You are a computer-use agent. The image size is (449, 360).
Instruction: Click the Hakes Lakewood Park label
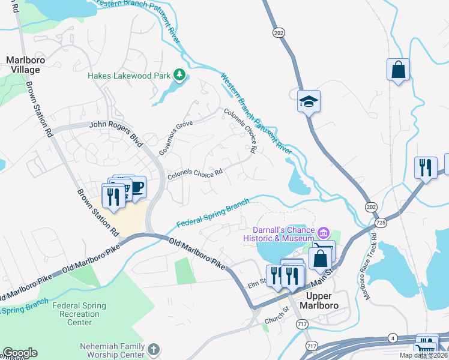coord(128,76)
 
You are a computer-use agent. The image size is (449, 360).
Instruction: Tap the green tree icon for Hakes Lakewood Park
coord(179,75)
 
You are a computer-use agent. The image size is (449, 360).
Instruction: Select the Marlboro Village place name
coord(23,65)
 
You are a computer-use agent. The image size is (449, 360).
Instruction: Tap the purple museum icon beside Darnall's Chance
coord(324,232)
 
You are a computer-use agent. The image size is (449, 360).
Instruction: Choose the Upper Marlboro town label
coord(322,301)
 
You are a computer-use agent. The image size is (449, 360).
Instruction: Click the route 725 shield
coord(379,223)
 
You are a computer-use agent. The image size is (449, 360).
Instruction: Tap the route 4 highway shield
coord(393,337)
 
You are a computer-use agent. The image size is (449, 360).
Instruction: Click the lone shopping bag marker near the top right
coord(398,70)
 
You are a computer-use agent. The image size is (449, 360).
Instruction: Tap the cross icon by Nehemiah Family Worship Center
coord(154,349)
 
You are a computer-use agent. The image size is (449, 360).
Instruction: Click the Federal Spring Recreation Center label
coord(75,314)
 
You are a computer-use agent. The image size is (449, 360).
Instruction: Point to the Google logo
coord(20,353)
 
